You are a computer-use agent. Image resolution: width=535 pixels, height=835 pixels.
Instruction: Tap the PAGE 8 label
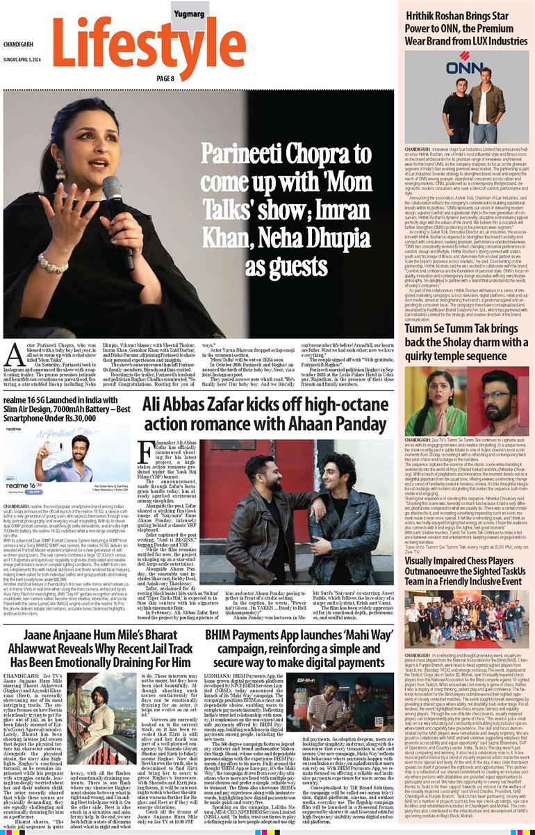(x=165, y=78)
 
